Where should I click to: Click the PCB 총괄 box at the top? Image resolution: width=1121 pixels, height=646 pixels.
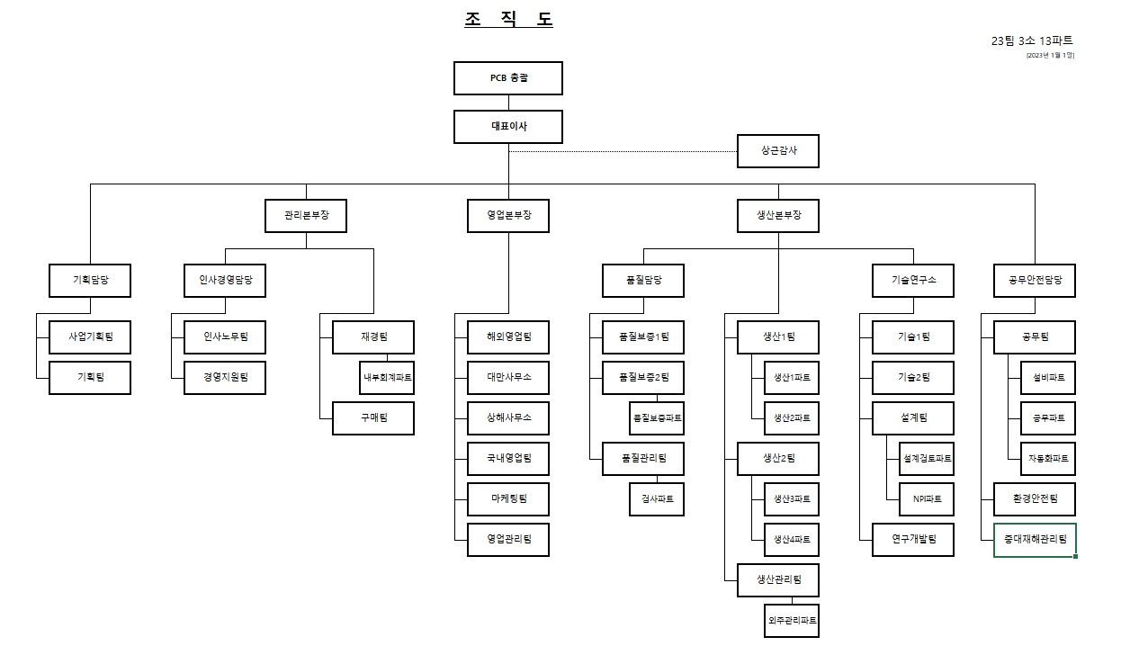tap(508, 78)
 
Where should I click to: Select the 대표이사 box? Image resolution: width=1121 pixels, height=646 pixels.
tap(508, 127)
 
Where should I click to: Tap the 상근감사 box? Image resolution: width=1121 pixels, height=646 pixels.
tap(778, 151)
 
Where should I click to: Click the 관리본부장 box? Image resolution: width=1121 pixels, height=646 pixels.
tap(306, 216)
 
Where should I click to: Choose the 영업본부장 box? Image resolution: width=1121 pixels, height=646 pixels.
tap(508, 216)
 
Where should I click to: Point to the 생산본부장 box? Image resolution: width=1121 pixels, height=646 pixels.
tap(778, 216)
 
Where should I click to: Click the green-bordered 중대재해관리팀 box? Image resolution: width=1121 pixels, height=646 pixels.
tap(1035, 540)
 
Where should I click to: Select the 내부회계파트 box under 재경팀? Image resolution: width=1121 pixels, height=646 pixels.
tap(387, 378)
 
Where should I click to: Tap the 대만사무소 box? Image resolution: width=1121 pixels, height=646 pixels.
tap(508, 378)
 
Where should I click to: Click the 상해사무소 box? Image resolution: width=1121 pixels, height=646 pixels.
tap(508, 418)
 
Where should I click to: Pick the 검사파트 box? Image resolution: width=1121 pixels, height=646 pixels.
tap(657, 499)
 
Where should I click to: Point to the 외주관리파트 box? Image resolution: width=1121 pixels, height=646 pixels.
tap(792, 621)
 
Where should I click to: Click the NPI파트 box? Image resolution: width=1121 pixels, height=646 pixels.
tap(927, 499)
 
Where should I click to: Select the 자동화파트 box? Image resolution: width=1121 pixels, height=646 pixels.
tap(1048, 459)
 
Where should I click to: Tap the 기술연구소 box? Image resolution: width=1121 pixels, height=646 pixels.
tap(913, 281)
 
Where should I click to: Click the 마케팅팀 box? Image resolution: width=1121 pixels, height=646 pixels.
tap(508, 499)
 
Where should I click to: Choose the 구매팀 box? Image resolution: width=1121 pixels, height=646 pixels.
tap(373, 418)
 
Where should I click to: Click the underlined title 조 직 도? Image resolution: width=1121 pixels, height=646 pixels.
tap(508, 20)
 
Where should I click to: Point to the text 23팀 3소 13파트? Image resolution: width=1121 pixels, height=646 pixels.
tap(1032, 40)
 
